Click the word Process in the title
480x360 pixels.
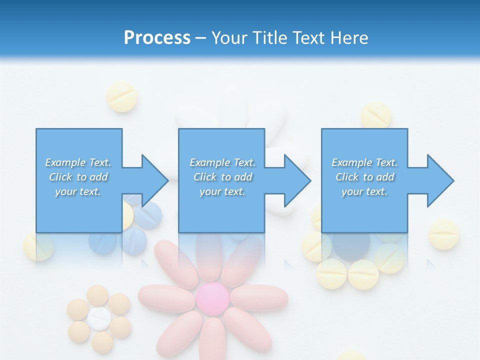click(x=157, y=37)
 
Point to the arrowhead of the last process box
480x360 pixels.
click(x=439, y=180)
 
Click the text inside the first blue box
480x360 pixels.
click(x=78, y=177)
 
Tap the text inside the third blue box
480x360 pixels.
click(x=364, y=177)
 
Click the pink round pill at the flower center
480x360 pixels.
click(x=212, y=298)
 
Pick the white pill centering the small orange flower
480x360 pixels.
click(x=98, y=318)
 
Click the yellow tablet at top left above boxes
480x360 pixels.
click(x=122, y=96)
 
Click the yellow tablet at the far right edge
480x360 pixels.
click(x=444, y=234)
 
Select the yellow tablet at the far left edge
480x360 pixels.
click(x=38, y=246)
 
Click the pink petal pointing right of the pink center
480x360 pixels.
click(x=259, y=298)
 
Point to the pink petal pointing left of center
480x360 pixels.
click(x=166, y=298)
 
